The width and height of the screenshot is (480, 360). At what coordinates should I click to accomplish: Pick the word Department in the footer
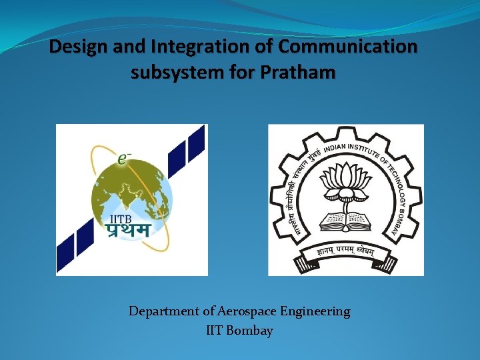click(x=163, y=311)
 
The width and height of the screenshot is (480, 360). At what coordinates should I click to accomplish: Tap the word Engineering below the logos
click(x=315, y=311)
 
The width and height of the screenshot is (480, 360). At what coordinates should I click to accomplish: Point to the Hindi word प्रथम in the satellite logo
click(x=128, y=230)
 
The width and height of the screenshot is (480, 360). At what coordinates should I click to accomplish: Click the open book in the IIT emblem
click(x=346, y=219)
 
